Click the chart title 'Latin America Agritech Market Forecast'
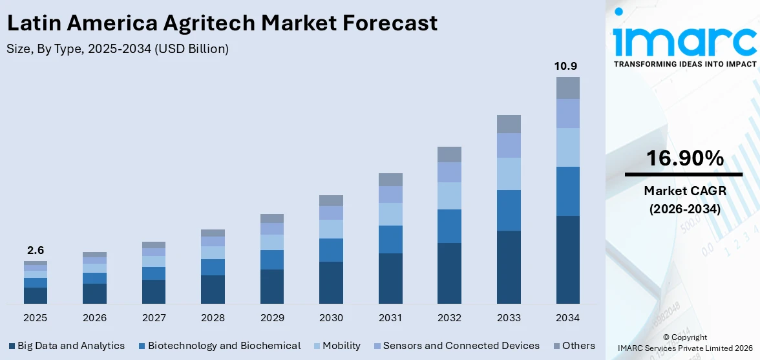[222, 23]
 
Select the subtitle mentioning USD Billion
[118, 48]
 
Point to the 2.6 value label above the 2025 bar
[36, 250]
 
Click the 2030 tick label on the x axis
[331, 318]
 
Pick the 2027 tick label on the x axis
[154, 318]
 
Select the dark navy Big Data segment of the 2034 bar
[568, 259]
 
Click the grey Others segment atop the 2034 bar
[568, 88]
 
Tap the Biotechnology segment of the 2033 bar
[509, 210]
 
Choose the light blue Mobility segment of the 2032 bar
[449, 195]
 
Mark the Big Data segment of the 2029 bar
[272, 286]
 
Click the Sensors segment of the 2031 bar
[390, 195]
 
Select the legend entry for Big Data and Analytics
[67, 346]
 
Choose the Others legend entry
[573, 346]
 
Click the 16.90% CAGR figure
[683, 158]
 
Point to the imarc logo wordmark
[684, 40]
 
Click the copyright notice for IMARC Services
[684, 343]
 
